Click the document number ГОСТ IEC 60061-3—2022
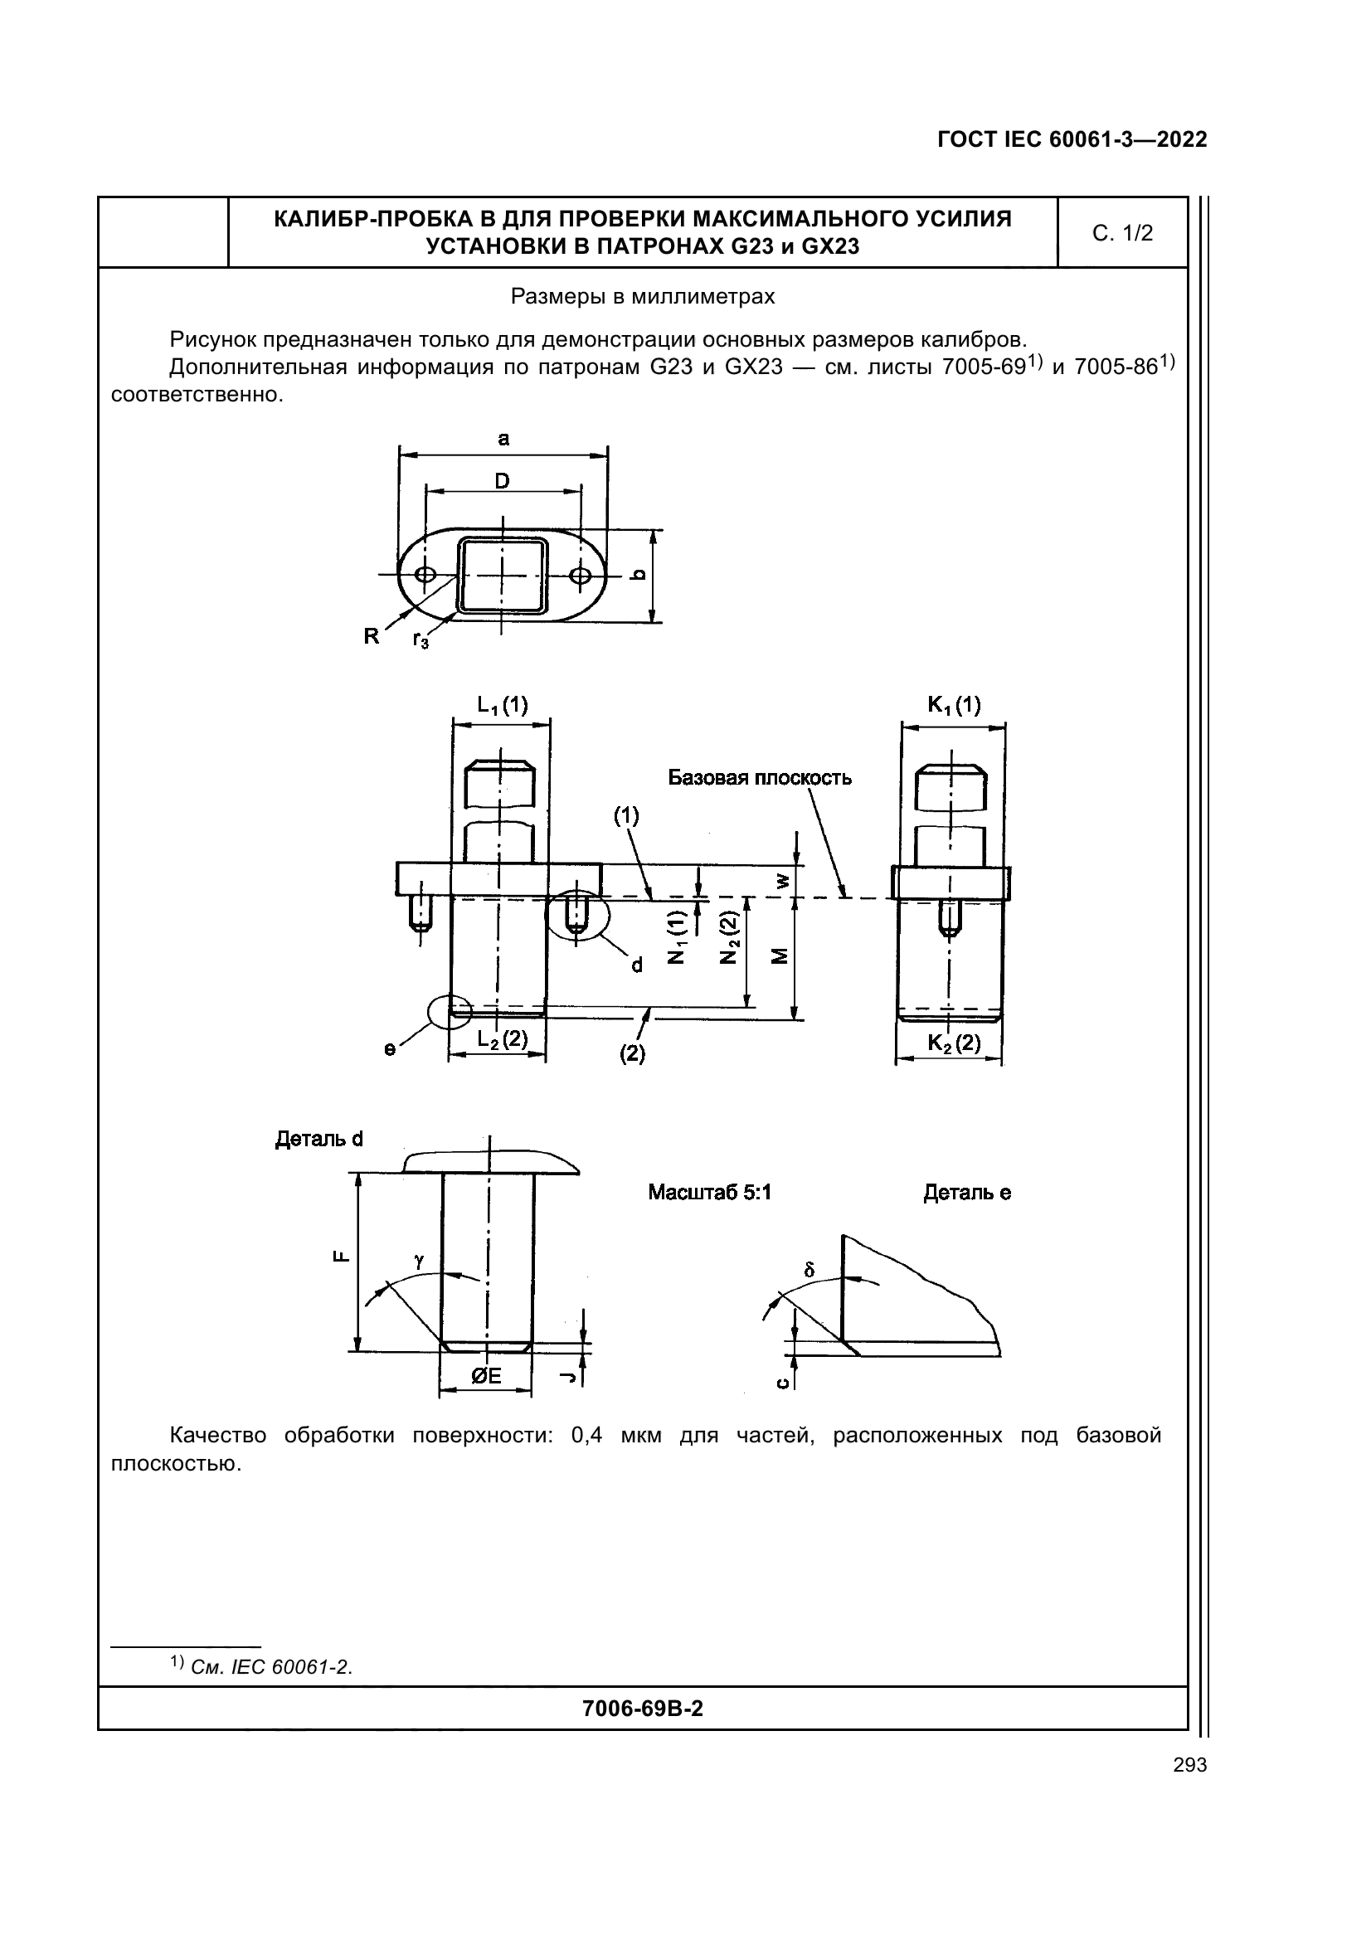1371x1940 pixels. (1072, 139)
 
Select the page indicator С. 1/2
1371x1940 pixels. (1122, 233)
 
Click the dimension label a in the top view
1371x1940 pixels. (503, 439)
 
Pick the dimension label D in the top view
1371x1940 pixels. (502, 481)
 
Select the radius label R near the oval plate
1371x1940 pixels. (372, 637)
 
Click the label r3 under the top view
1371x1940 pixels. (421, 640)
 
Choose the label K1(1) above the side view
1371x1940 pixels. (954, 705)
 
